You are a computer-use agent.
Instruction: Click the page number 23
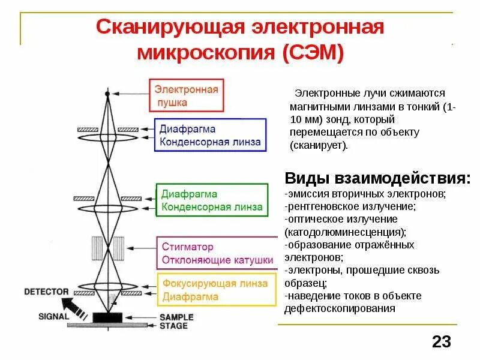[441, 342]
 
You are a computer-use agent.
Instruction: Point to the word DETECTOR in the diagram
[46, 292]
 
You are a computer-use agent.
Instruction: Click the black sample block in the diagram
[107, 317]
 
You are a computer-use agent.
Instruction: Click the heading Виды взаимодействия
[377, 178]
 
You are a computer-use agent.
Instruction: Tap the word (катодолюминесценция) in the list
[345, 231]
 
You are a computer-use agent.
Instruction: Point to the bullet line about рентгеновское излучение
[351, 206]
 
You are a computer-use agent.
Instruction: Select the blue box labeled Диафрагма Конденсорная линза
[210, 136]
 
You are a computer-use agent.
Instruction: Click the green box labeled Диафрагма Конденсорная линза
[211, 200]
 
